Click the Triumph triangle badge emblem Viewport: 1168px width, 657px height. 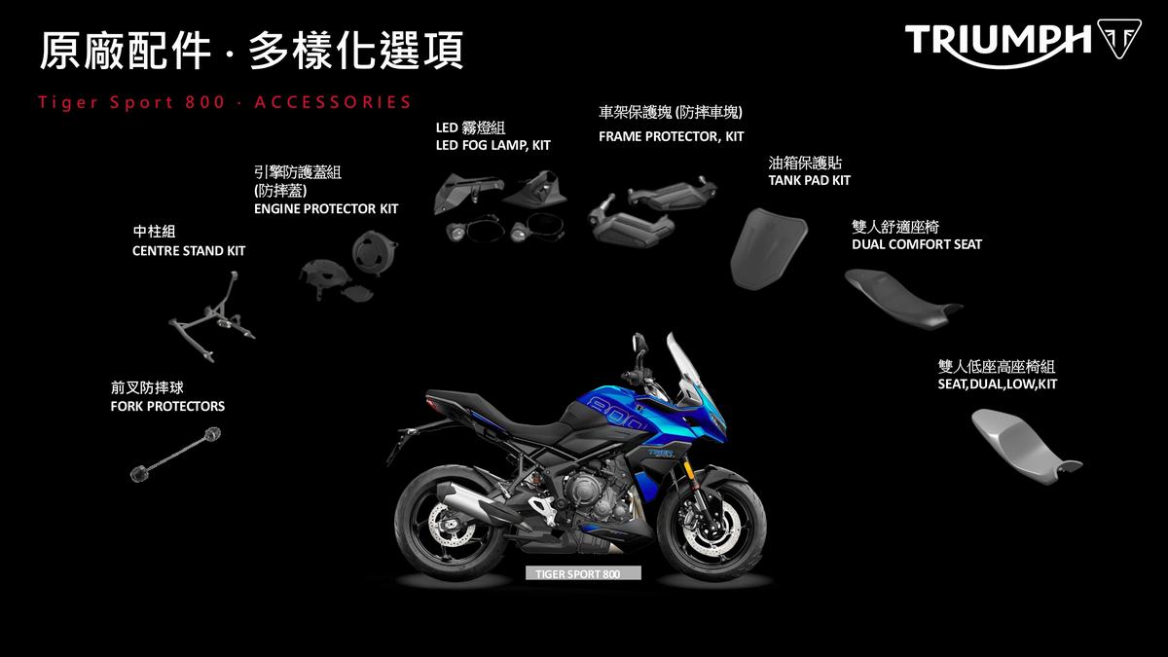coord(1119,39)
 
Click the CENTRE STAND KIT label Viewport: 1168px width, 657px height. coord(189,251)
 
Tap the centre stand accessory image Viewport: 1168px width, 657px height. coord(212,316)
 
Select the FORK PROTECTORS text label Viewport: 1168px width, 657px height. coord(167,406)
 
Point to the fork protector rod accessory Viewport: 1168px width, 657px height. coord(175,455)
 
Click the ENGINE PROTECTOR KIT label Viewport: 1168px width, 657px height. coord(326,208)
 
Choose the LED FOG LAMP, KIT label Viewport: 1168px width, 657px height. coord(493,145)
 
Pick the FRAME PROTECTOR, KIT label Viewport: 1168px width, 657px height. coord(671,136)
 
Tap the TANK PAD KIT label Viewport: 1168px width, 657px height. coord(809,180)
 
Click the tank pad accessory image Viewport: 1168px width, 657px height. coord(769,248)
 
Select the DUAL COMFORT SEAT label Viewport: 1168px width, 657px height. coord(917,244)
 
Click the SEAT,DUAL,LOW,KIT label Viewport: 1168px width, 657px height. coord(997,384)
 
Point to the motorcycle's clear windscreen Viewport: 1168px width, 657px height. coord(687,368)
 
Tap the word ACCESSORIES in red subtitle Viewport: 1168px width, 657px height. coord(333,102)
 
